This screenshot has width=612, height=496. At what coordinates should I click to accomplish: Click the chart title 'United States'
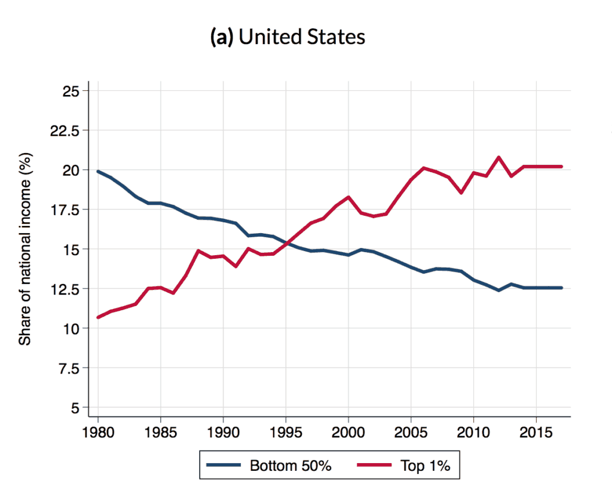pyautogui.click(x=302, y=37)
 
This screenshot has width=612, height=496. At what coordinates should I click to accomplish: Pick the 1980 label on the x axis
pyautogui.click(x=97, y=431)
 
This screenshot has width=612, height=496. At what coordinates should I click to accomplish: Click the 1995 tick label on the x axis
pyautogui.click(x=286, y=431)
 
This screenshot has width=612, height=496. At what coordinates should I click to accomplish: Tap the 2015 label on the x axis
pyautogui.click(x=536, y=431)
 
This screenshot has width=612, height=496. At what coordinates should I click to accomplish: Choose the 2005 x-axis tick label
pyautogui.click(x=411, y=431)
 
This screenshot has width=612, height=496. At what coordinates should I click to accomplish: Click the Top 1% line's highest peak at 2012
pyautogui.click(x=498, y=158)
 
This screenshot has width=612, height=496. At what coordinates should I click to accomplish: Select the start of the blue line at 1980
pyautogui.click(x=98, y=172)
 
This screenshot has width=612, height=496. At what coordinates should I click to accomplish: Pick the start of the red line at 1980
pyautogui.click(x=98, y=317)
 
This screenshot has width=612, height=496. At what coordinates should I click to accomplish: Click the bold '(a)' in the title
pyautogui.click(x=222, y=37)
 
